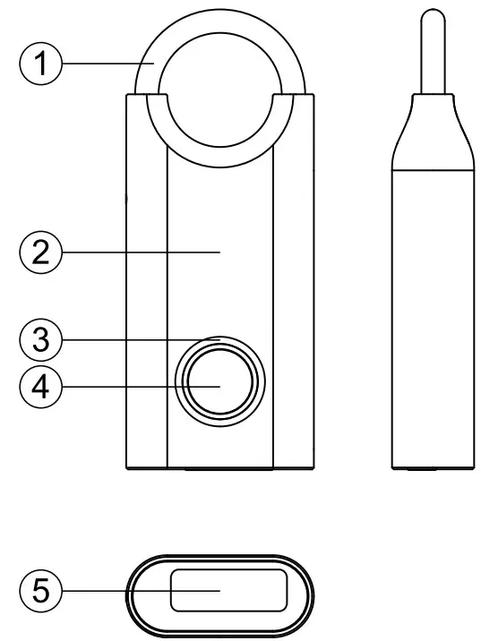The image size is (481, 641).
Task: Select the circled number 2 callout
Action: [x=39, y=253]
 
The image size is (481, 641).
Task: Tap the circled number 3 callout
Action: [x=39, y=339]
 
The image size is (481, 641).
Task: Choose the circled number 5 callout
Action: [x=39, y=591]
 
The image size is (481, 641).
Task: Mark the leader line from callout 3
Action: [x=134, y=339]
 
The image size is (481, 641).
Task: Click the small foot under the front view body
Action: [x=220, y=468]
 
